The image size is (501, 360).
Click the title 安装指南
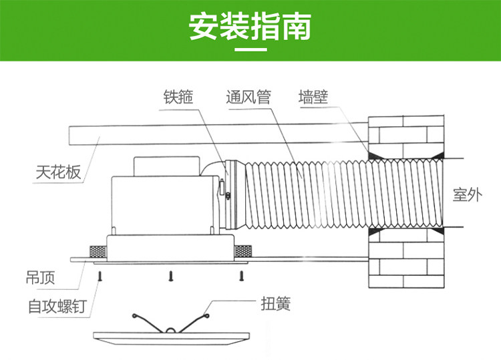point(251,27)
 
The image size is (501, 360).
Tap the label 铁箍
point(178,97)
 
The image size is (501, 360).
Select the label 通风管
point(248,97)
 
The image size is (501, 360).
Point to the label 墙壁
point(313,97)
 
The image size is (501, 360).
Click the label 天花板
point(58,172)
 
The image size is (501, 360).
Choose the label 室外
point(468,194)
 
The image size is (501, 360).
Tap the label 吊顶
point(40,277)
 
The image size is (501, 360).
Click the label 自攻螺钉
point(57,306)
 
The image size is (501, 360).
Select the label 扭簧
point(276,303)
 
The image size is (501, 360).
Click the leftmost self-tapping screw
point(100,276)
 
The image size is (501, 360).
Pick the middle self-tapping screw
point(171,276)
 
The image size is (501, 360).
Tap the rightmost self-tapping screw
point(242,276)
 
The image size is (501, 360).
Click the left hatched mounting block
point(98,252)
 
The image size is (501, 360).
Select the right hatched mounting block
point(242,251)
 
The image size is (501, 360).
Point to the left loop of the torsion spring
point(135,316)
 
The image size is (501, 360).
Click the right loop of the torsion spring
point(206,316)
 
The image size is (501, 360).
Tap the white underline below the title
point(251,50)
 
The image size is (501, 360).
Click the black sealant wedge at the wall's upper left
point(373,156)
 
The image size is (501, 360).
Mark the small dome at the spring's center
point(171,330)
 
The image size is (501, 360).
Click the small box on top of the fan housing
point(166,166)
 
